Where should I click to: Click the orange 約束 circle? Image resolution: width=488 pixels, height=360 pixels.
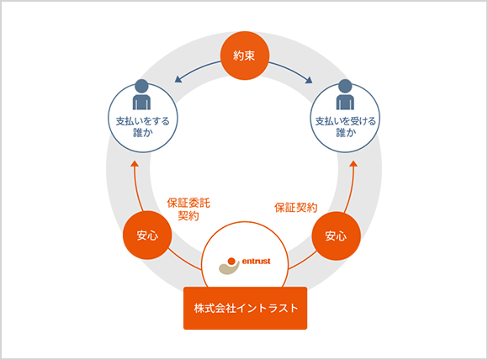[x=244, y=56]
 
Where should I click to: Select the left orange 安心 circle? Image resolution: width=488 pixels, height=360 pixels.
[x=147, y=236]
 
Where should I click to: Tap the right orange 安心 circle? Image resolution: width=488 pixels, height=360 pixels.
[x=336, y=236]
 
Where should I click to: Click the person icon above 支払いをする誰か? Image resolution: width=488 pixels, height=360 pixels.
[x=142, y=94]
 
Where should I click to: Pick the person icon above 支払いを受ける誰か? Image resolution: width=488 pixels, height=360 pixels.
[x=345, y=94]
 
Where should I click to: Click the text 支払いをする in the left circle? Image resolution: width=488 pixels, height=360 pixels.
[x=143, y=121]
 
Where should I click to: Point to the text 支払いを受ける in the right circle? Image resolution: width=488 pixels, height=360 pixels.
[x=346, y=121]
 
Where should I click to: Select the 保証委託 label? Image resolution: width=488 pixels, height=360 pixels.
[x=188, y=203]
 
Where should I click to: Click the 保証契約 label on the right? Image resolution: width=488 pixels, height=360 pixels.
[x=296, y=208]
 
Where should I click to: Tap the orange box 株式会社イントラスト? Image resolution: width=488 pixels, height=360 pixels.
[x=245, y=308]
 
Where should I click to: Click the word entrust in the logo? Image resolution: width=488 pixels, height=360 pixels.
[x=256, y=262]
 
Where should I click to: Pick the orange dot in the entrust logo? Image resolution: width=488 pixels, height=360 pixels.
[x=231, y=261]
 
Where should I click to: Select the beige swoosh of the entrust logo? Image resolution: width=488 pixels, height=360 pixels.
[x=229, y=269]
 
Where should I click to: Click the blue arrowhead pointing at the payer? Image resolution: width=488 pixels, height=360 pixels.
[x=178, y=79]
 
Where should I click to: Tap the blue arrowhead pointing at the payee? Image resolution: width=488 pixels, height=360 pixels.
[x=309, y=80]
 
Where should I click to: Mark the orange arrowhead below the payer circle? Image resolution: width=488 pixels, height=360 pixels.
[x=135, y=164]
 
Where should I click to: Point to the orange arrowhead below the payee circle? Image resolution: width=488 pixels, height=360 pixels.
[x=354, y=164]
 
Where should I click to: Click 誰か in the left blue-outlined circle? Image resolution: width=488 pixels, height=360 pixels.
[x=143, y=133]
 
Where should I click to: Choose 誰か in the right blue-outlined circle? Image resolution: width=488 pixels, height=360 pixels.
[x=346, y=133]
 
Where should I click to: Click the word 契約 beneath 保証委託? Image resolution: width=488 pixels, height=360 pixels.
[x=188, y=215]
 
